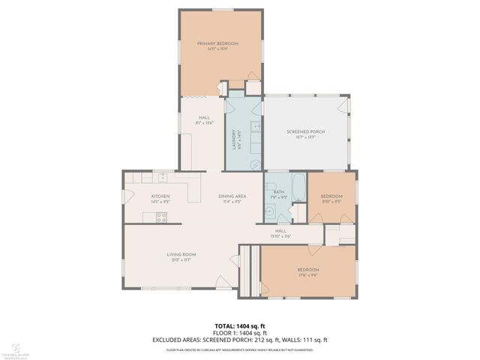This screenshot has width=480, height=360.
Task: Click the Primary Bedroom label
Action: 217,43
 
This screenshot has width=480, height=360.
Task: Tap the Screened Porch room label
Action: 305,132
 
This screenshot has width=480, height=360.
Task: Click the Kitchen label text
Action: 140,196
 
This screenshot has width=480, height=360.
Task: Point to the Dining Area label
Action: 232,196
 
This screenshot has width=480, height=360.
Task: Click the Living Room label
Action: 181,255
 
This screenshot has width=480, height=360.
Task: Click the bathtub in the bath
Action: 298,187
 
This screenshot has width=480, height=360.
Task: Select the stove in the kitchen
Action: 160,217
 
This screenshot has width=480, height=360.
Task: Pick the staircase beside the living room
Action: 250,271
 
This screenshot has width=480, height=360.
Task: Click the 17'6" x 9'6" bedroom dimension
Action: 307,274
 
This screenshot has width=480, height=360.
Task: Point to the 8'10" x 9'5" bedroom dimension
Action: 331,201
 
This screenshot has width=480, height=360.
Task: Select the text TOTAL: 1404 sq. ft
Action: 240,325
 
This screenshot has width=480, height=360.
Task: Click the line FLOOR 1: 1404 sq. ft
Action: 240,333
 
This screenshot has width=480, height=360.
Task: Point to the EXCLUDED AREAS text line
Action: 240,340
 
